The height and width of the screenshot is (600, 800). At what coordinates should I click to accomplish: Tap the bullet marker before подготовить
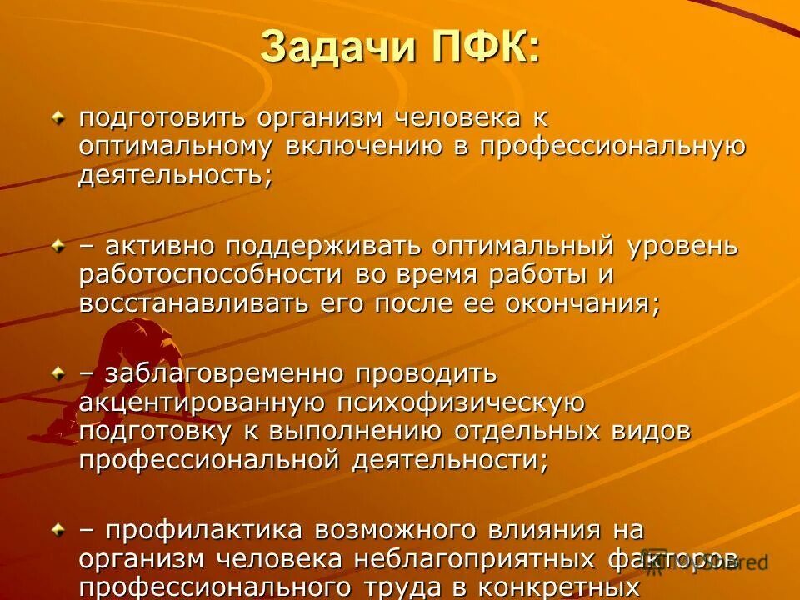click(x=57, y=118)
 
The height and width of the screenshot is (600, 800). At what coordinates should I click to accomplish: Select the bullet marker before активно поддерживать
click(x=57, y=247)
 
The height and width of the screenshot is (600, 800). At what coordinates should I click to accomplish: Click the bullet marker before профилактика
click(x=57, y=529)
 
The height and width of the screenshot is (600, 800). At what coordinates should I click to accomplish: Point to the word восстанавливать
click(x=194, y=303)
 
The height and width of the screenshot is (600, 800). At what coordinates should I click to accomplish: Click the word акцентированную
click(x=201, y=402)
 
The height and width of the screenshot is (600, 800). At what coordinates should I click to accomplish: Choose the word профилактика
click(x=204, y=529)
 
